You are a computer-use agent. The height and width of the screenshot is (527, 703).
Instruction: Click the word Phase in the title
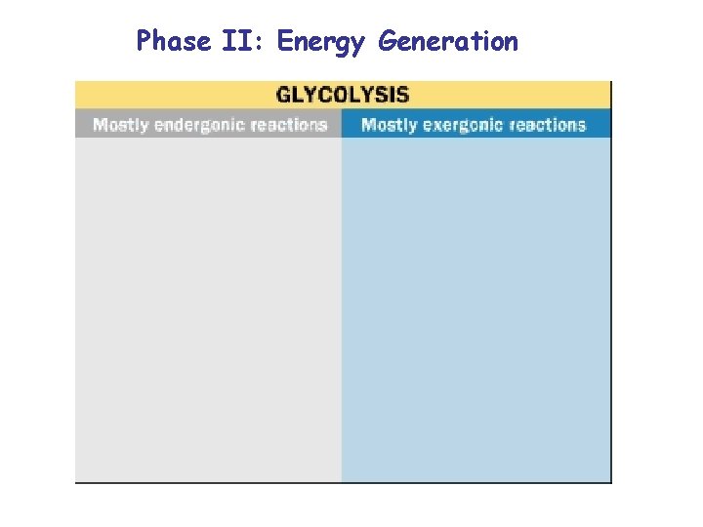pos(174,41)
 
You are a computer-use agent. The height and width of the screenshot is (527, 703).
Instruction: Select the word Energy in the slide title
pos(322,42)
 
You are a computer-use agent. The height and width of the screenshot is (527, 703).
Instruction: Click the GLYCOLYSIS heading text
pos(343,95)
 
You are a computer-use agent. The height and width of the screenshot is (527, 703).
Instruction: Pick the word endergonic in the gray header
pos(200,125)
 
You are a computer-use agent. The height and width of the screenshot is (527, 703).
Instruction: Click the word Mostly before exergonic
pos(390,125)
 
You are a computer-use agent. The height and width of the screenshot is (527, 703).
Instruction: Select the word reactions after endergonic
pos(288,125)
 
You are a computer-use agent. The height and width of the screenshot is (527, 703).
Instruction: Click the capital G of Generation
pos(388,41)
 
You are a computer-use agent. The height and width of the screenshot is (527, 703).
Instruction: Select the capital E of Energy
pos(285,41)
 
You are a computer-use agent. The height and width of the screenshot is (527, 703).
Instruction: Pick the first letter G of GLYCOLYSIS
pos(284,95)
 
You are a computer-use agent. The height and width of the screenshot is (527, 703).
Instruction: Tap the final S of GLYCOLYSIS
pos(403,95)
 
